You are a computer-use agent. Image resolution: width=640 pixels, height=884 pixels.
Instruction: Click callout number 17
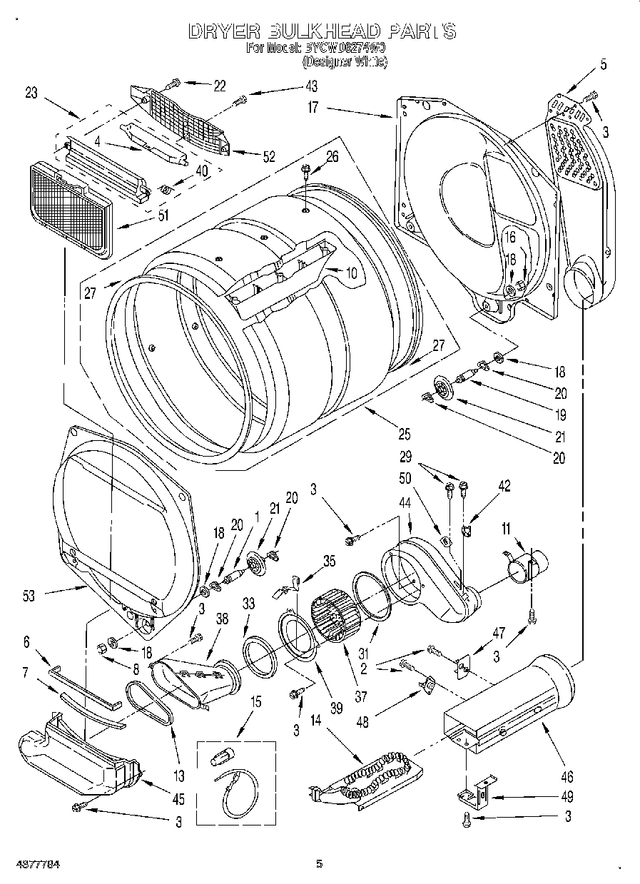[313, 108]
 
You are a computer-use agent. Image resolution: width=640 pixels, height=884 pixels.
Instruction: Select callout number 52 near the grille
[269, 158]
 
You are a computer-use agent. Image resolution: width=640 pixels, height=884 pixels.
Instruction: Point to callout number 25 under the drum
[404, 432]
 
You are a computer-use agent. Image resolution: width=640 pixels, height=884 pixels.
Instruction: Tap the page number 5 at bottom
[319, 864]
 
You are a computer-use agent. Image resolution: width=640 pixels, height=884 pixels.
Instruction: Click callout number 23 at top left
[31, 92]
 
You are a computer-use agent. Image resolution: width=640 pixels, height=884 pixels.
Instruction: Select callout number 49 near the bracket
[567, 797]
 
